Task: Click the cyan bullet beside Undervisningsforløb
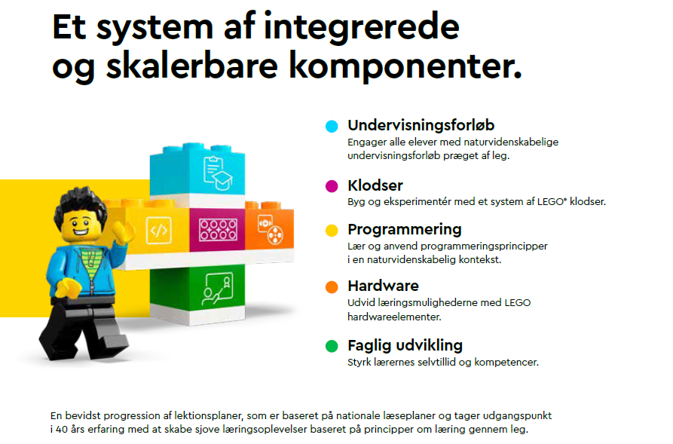(x=332, y=126)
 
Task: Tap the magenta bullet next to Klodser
(x=332, y=186)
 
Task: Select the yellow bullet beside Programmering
(x=332, y=230)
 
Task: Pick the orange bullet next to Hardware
(x=332, y=287)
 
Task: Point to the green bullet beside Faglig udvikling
(x=332, y=346)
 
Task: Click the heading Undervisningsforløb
(x=421, y=125)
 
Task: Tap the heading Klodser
(x=375, y=185)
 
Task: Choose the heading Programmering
(x=404, y=230)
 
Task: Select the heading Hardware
(x=383, y=286)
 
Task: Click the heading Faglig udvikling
(x=405, y=346)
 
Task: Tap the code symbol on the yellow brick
(x=159, y=231)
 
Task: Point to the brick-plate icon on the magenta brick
(x=218, y=229)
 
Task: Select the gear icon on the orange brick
(x=271, y=229)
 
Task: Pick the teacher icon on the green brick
(x=218, y=289)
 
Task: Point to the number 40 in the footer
(x=62, y=429)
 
